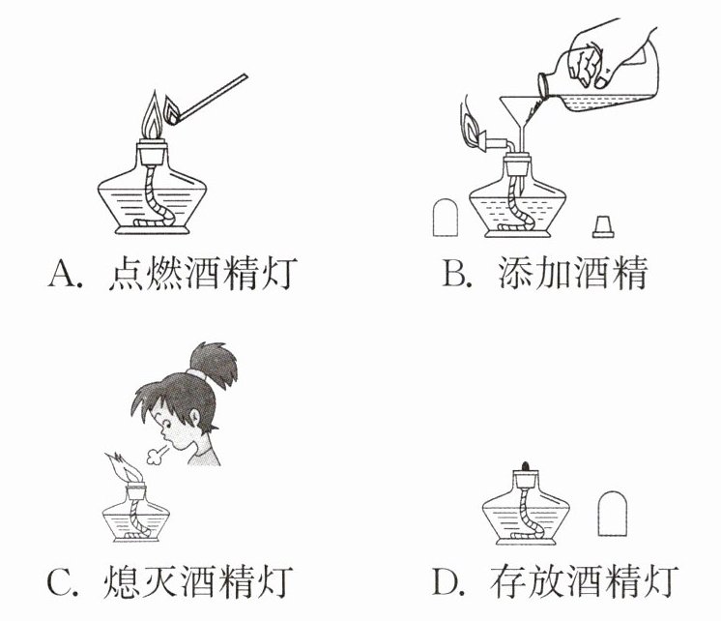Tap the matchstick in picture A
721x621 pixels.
[x=213, y=98]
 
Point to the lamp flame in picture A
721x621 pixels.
[x=152, y=116]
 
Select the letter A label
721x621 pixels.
[x=63, y=274]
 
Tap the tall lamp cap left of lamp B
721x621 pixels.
[x=446, y=218]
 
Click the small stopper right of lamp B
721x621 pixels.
[x=603, y=226]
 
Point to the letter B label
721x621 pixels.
[x=453, y=274]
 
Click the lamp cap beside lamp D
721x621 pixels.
[x=612, y=514]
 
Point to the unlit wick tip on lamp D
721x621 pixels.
[x=526, y=465]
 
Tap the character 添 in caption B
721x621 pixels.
[x=517, y=273]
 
